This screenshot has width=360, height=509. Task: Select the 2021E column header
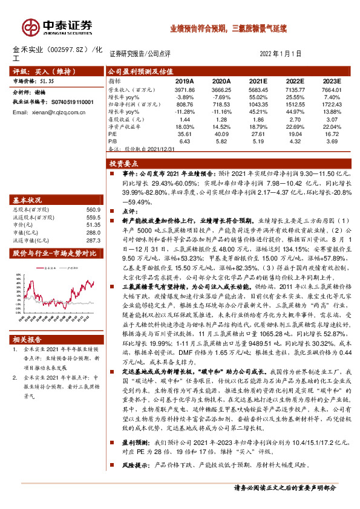tap(258, 80)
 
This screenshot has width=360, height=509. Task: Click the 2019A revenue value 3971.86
tap(184, 89)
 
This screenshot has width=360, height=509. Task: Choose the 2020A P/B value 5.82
tap(221, 141)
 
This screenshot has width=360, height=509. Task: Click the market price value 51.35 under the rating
tap(47, 80)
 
